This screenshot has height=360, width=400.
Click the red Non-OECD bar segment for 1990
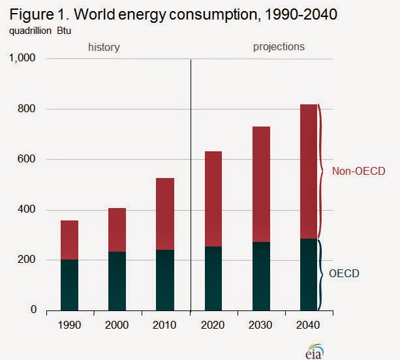(x=70, y=240)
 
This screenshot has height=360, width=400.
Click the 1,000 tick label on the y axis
(x=28, y=59)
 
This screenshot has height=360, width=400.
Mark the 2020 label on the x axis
(x=214, y=325)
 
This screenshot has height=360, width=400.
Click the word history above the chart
(x=104, y=48)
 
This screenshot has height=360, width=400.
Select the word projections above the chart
(x=279, y=47)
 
